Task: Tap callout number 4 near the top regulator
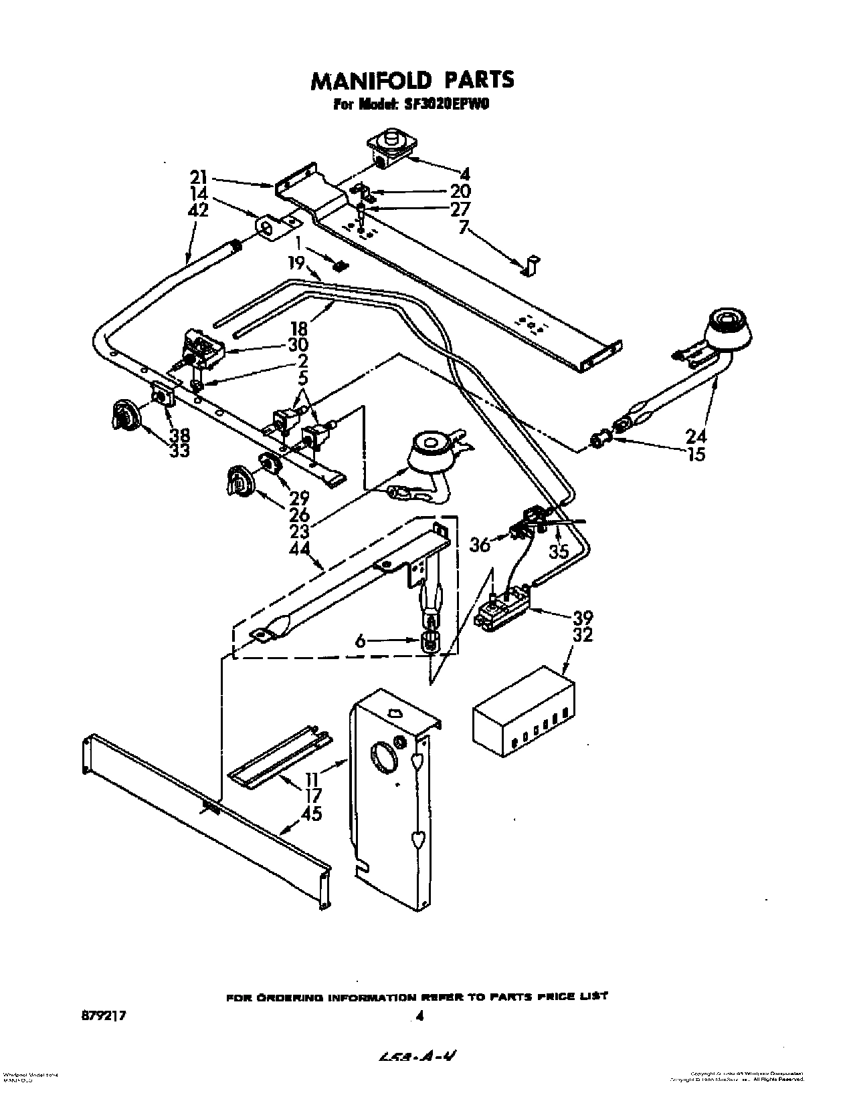466,175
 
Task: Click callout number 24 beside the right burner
696,436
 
